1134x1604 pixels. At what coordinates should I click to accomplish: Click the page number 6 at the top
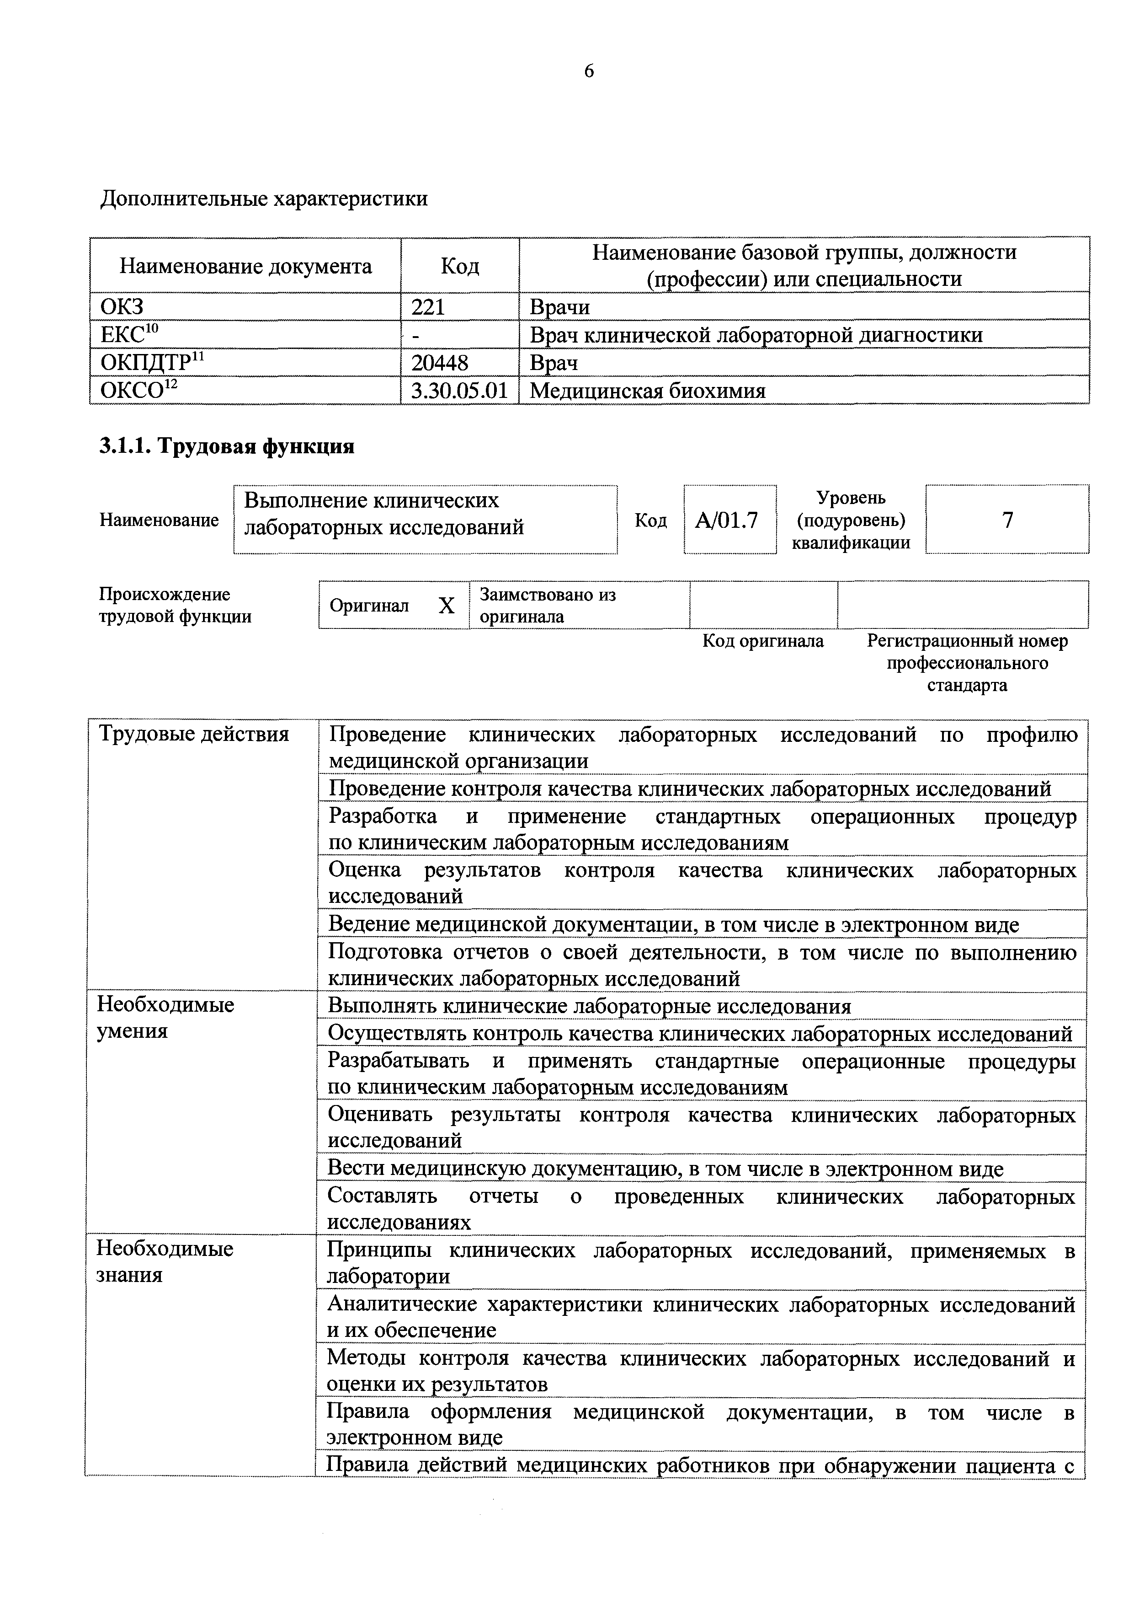[x=589, y=71]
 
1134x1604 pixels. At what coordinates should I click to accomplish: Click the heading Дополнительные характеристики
[x=264, y=199]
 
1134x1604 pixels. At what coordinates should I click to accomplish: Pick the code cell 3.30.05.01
[x=459, y=391]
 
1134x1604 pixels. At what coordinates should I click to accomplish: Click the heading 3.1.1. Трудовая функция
[x=227, y=446]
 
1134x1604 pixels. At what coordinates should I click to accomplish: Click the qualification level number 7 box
[x=1007, y=520]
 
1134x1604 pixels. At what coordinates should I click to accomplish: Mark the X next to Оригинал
[x=446, y=605]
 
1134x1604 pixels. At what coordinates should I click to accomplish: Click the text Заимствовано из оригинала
[x=548, y=605]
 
